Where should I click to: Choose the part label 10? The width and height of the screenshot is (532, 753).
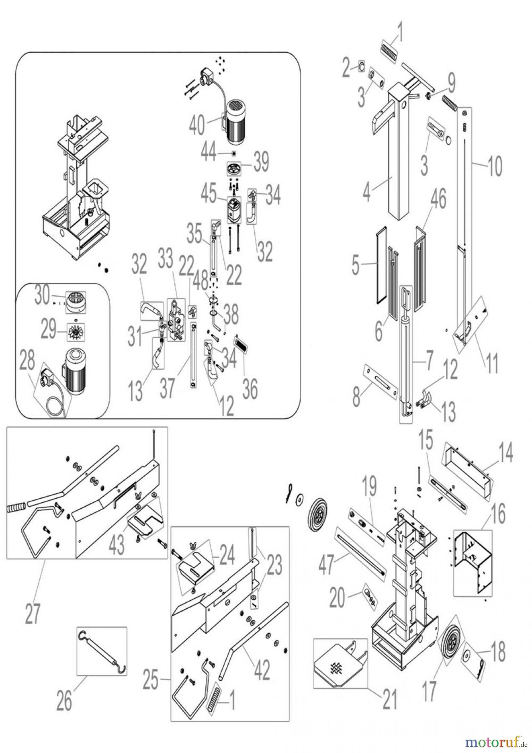click(494, 167)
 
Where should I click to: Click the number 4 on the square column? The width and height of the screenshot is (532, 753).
click(366, 194)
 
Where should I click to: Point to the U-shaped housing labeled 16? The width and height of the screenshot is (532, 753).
click(472, 561)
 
